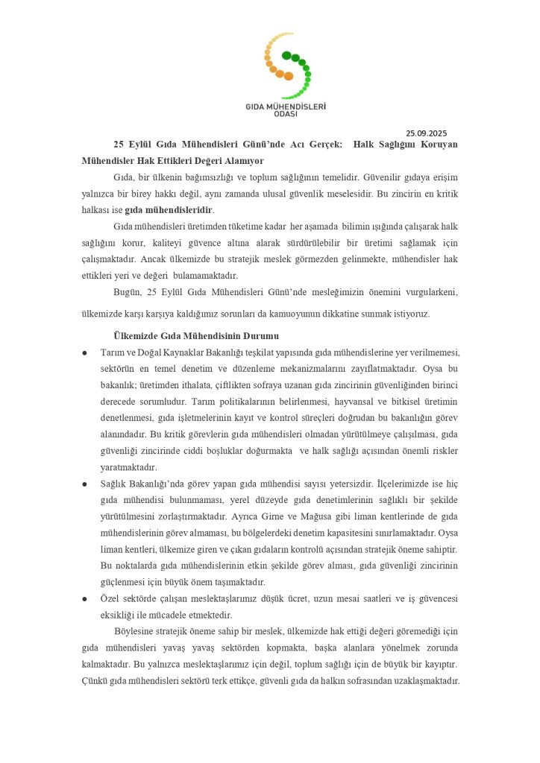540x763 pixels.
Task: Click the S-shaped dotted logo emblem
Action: coord(286,66)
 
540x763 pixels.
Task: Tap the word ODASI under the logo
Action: coord(286,114)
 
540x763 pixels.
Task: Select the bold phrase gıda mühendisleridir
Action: coord(169,209)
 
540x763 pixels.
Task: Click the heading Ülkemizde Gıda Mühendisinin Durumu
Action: coord(185,335)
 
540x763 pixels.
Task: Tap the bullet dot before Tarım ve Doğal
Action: coord(85,352)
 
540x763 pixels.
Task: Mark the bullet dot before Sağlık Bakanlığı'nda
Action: coord(85,484)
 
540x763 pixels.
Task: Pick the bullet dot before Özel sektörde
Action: coord(85,599)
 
